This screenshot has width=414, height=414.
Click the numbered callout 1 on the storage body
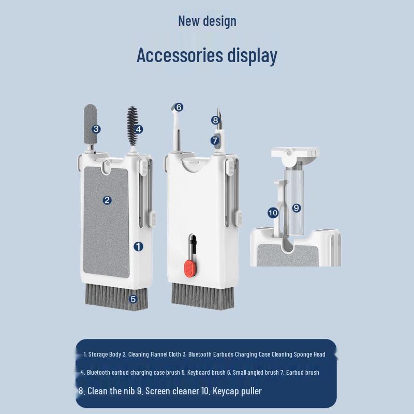[138, 247]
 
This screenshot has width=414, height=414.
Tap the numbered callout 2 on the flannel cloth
[107, 200]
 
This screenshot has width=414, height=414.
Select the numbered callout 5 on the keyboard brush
[133, 299]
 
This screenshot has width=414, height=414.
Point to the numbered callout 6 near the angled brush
[179, 107]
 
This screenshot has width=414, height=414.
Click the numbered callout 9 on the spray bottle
[296, 208]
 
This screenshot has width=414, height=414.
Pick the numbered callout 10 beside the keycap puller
[273, 213]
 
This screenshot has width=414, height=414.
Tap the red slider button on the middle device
[190, 269]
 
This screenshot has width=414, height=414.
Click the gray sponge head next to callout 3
[90, 124]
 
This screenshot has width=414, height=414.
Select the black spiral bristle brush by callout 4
[132, 126]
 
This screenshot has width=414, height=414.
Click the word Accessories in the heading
[180, 55]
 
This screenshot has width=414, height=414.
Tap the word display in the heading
[252, 56]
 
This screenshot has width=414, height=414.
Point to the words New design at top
[208, 21]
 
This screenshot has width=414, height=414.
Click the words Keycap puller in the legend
[237, 391]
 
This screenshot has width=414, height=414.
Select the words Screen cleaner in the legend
[172, 391]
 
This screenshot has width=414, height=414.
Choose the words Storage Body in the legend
[105, 354]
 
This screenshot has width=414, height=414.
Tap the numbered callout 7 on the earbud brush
[215, 140]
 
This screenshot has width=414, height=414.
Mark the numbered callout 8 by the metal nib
[215, 121]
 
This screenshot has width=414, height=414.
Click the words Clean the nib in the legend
[111, 391]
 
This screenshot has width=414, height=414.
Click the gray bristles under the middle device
[203, 295]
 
